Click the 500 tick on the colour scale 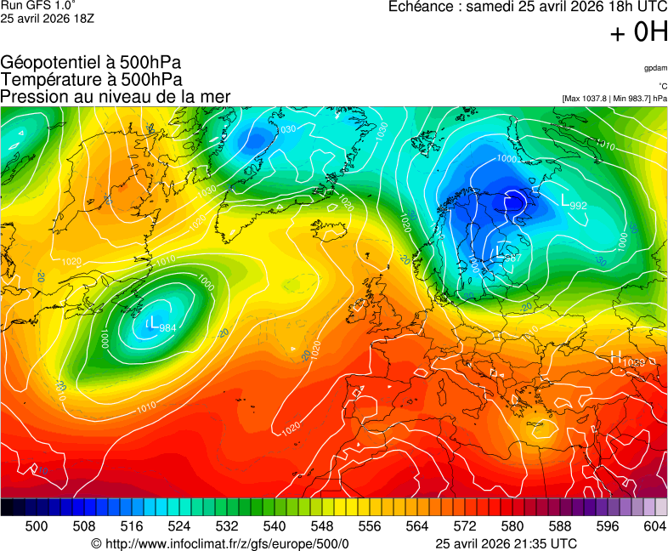coord(37,526)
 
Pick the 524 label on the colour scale coord(178,526)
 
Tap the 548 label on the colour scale coord(321,526)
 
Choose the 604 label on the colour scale coord(654,526)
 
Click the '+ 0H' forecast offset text coord(639,32)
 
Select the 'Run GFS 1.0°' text coord(31,6)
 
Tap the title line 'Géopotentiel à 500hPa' coord(91,63)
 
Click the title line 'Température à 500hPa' coord(91,80)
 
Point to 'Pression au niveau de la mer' coord(116,97)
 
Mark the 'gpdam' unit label coord(655,68)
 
